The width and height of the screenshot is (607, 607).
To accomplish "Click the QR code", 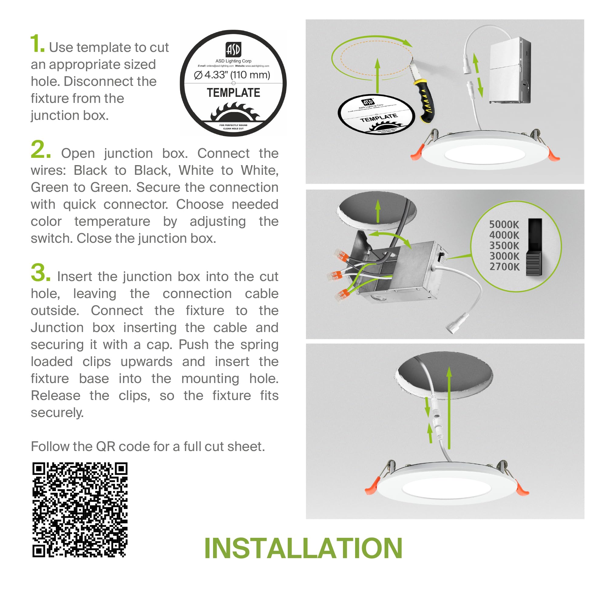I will tap(80, 510).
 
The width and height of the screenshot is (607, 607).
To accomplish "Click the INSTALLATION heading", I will tap(303, 548).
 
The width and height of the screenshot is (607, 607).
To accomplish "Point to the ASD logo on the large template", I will tap(233, 49).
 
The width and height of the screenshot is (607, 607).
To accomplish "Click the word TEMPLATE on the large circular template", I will tap(233, 93).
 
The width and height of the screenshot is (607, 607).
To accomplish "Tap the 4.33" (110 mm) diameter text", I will tap(232, 75).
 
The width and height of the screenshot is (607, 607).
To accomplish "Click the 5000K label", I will tap(504, 224).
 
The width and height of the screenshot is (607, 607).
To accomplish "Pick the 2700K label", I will tap(504, 267).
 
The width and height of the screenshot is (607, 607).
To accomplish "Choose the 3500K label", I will tap(504, 245).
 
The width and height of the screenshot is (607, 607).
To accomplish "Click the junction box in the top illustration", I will tap(510, 71).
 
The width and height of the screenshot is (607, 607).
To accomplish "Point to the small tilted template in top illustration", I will tap(376, 114).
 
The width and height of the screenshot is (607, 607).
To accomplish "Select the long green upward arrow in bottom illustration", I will tap(449, 409).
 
